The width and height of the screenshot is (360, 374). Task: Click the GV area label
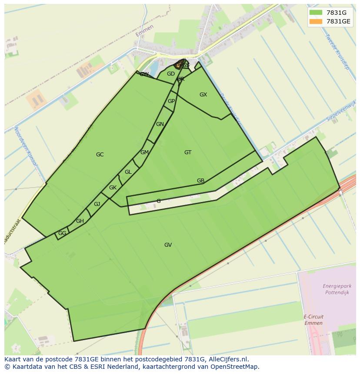pyautogui.click(x=168, y=245)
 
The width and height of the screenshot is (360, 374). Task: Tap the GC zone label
pyautogui.click(x=100, y=155)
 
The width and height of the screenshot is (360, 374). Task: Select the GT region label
pyautogui.click(x=188, y=152)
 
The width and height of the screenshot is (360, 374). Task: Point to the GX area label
pyautogui.click(x=203, y=95)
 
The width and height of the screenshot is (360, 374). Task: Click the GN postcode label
pyautogui.click(x=160, y=124)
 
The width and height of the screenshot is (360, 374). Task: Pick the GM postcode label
pyautogui.click(x=144, y=152)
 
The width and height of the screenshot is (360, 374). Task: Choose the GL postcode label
pyautogui.click(x=128, y=172)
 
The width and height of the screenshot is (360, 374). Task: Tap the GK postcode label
pyautogui.click(x=113, y=188)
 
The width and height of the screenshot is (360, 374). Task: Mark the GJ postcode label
pyautogui.click(x=97, y=204)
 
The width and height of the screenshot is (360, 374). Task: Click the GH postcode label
pyautogui.click(x=80, y=221)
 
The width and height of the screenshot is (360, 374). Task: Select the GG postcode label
pyautogui.click(x=62, y=233)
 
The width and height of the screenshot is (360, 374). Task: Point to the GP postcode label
pyautogui.click(x=171, y=101)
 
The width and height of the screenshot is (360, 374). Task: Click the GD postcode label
pyautogui.click(x=171, y=74)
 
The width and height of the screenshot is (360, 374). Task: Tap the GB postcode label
pyautogui.click(x=200, y=181)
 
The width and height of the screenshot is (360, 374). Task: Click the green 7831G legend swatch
pyautogui.click(x=316, y=12)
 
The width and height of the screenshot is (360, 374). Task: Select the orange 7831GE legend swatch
pyautogui.click(x=316, y=21)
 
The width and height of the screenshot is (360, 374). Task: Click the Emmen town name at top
pyautogui.click(x=144, y=31)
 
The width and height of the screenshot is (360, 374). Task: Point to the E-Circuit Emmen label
pyautogui.click(x=313, y=320)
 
